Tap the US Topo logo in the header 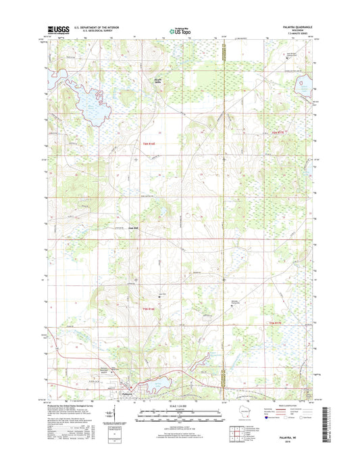click(x=179, y=30)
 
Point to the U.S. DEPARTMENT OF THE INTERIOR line click(x=98, y=27)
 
